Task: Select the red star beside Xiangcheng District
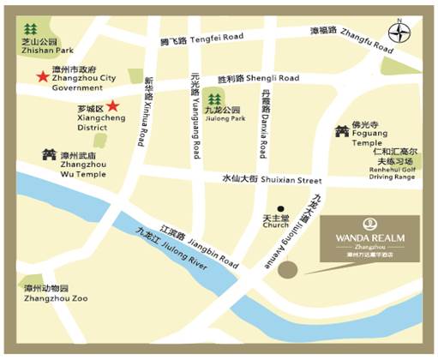click(x=112, y=107)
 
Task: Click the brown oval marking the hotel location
click(x=289, y=269)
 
